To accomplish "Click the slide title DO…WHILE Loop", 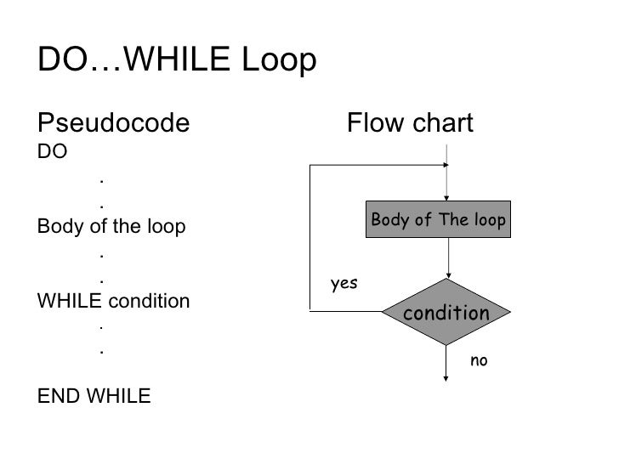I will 177,61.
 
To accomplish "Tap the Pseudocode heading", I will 113,125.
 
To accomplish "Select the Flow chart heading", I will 410,125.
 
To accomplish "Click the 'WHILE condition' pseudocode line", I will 114,301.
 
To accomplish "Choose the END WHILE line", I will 94,396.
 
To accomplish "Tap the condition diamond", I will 446,313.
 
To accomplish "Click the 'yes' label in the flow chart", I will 344,284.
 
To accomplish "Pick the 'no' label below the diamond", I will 479,361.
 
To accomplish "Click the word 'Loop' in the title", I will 279,61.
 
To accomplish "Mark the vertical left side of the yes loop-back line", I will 313,238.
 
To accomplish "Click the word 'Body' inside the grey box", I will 389,221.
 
